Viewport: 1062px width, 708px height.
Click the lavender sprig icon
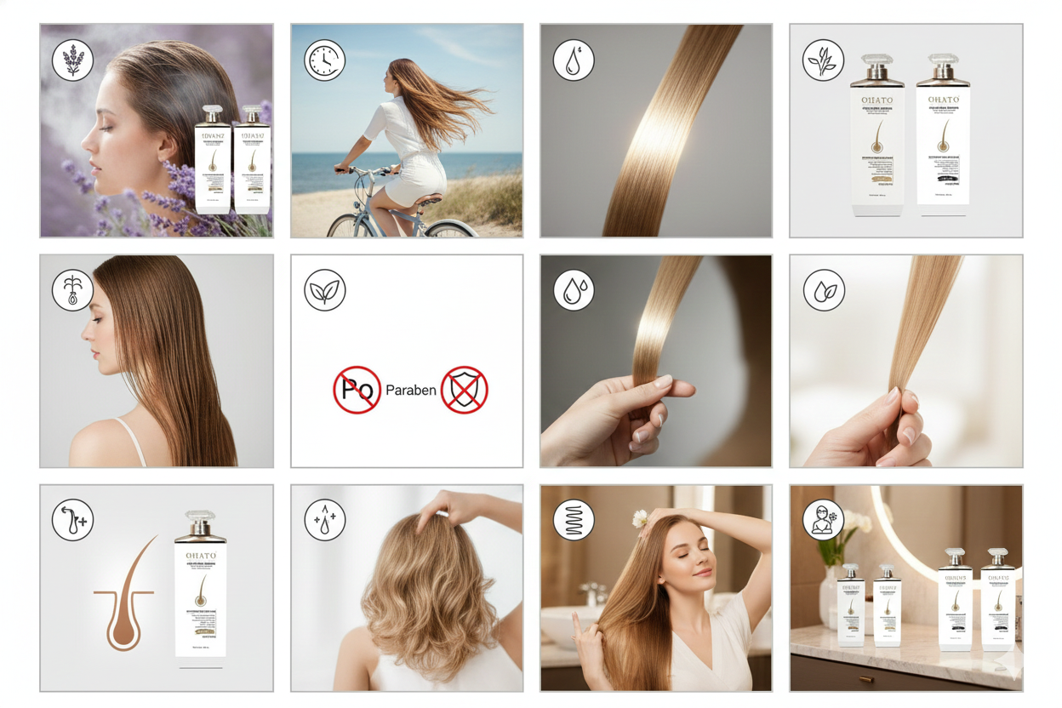73,60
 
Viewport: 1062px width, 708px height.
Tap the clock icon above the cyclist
324,60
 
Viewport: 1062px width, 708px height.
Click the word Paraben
411,391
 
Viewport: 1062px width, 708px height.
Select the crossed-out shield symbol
464,390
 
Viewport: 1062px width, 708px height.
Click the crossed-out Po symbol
357,390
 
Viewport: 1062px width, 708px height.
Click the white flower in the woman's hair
641,517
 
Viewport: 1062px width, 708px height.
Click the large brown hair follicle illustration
126,595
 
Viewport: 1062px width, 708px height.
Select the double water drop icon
574,290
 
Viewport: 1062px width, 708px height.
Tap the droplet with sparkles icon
324,520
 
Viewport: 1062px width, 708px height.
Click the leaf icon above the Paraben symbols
324,290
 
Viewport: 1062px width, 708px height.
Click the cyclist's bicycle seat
430,199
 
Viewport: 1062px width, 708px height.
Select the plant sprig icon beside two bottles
823,60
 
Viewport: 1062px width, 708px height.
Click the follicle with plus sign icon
73,520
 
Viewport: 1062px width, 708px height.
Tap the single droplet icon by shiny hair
574,60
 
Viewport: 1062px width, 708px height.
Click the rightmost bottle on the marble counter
997,600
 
